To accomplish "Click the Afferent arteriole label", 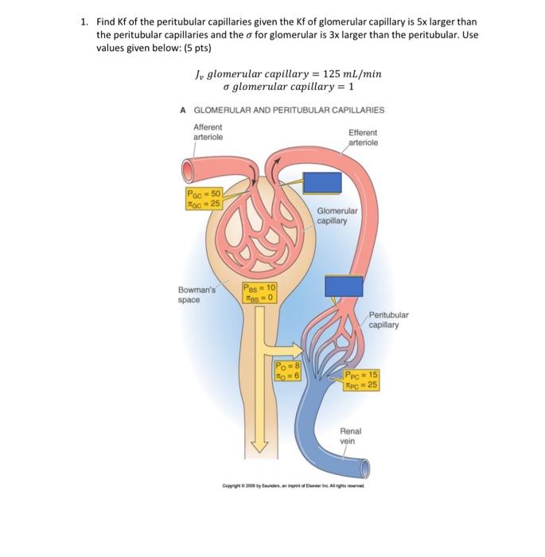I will click(x=208, y=131).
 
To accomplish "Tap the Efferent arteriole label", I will click(x=363, y=138).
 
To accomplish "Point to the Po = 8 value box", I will click(x=286, y=371).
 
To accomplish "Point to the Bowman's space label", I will click(x=197, y=294).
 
